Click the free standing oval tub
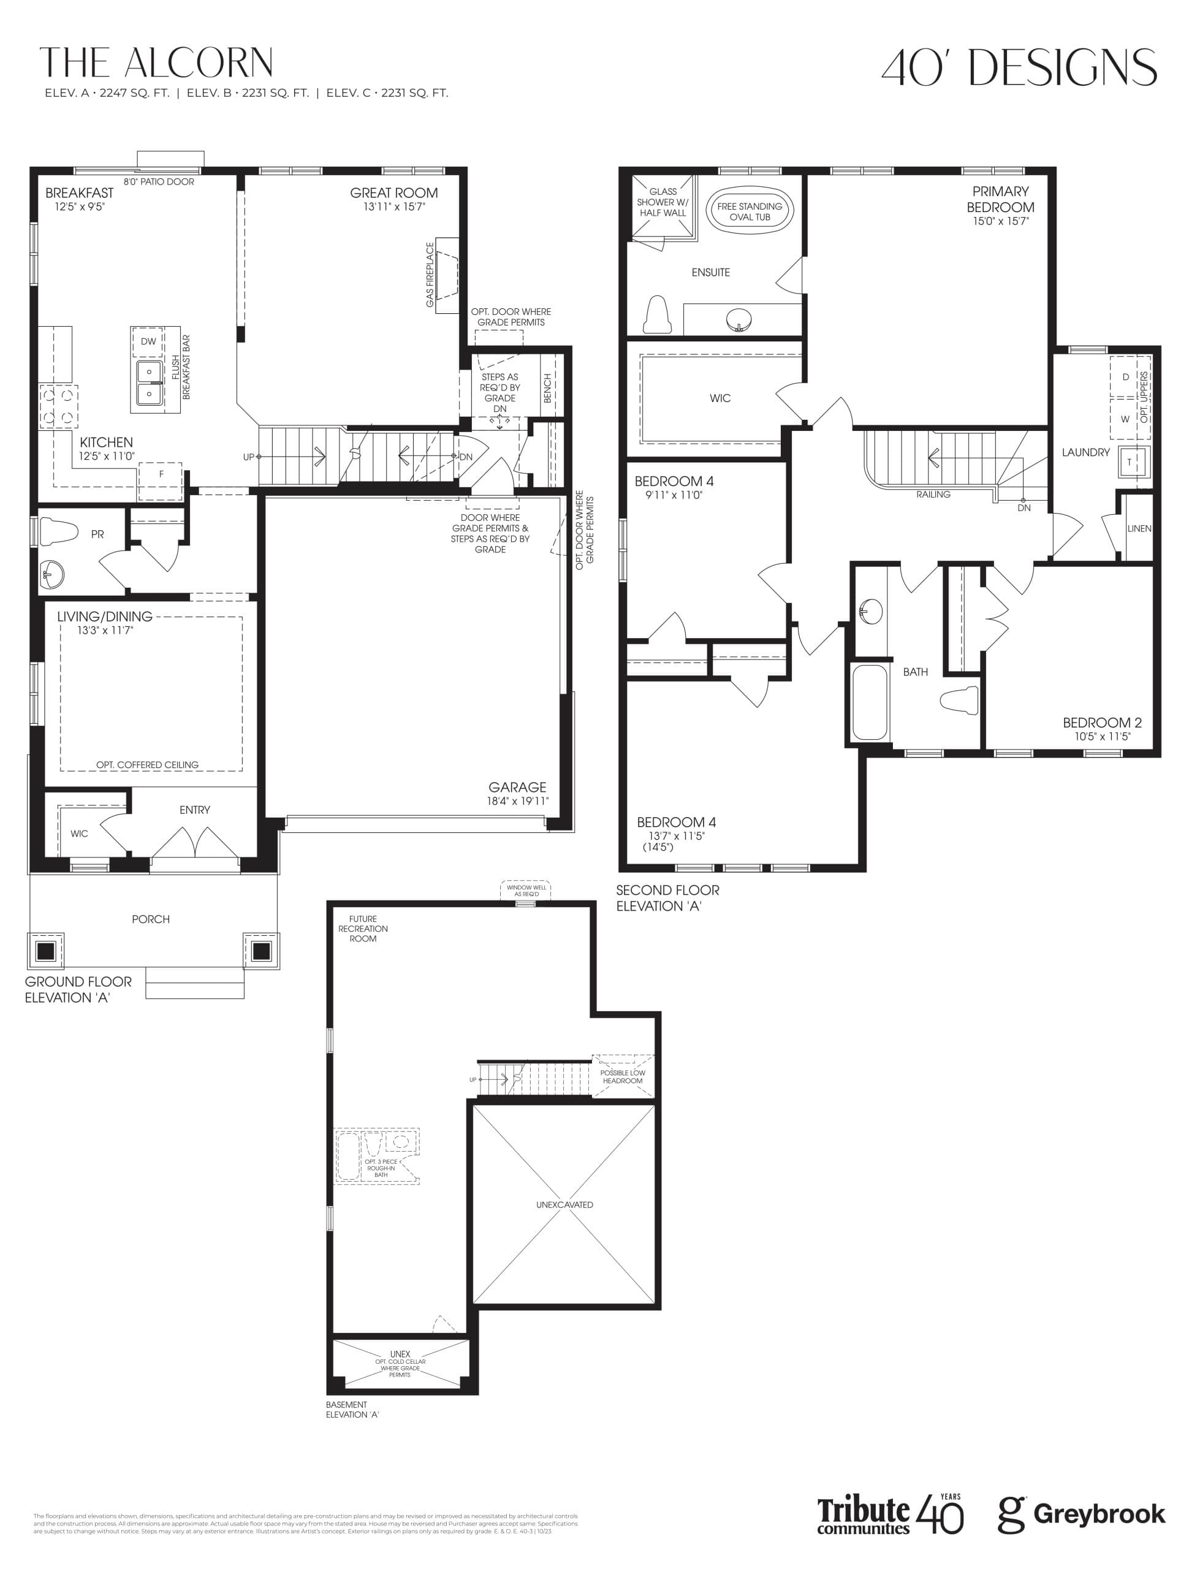750,211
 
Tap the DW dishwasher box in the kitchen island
148,341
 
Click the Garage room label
517,787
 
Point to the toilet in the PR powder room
59,532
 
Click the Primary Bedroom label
1000,199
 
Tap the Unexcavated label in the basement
564,1205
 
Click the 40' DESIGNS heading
1019,68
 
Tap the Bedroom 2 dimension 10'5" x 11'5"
1102,736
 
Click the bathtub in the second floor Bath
869,702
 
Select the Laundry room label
1085,452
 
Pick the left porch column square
46,951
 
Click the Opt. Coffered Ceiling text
147,765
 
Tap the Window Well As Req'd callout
526,891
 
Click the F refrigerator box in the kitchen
161,474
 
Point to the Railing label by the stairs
933,494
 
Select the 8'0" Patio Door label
159,181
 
